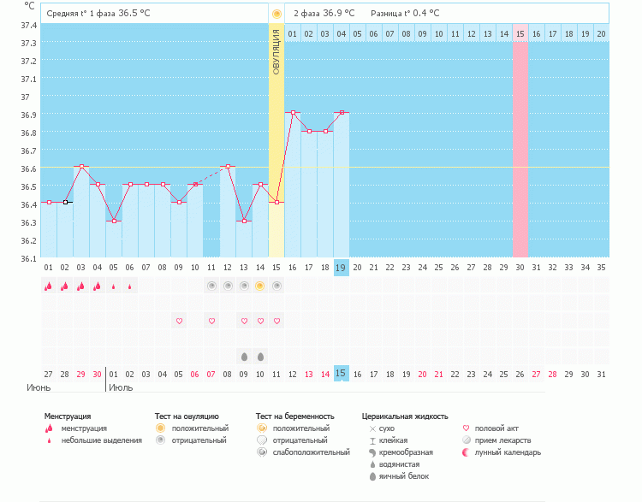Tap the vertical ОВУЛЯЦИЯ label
point(276,52)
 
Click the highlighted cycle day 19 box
point(341,268)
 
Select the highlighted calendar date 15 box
point(341,374)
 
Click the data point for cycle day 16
point(293,112)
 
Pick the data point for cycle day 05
point(114,221)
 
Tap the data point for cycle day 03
point(81,166)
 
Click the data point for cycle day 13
point(244,221)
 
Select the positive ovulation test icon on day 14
point(260,286)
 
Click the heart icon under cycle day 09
point(179,321)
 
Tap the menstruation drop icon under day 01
point(49,286)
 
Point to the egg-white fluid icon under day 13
point(244,356)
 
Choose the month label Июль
point(121,387)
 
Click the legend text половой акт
point(496,428)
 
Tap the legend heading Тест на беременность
point(294,416)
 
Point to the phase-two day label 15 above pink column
point(520,33)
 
